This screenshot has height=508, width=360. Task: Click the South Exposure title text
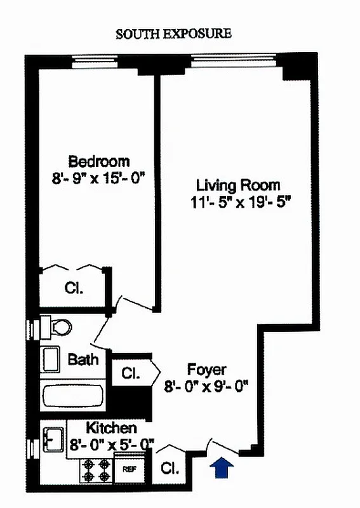(x=173, y=34)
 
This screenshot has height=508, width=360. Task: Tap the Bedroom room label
(x=99, y=161)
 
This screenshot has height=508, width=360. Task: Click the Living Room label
(x=237, y=185)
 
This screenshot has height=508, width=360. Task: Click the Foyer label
(x=207, y=369)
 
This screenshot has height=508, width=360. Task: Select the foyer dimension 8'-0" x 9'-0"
(x=207, y=385)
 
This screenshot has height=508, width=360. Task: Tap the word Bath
(x=83, y=359)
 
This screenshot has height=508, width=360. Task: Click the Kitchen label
(x=111, y=427)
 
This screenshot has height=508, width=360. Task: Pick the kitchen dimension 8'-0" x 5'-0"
(x=112, y=444)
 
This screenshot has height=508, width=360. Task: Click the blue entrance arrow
(x=222, y=468)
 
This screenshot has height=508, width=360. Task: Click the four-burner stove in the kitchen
(x=96, y=471)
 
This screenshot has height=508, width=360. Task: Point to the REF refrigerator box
(x=130, y=469)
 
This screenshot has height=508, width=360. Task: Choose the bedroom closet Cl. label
(x=74, y=288)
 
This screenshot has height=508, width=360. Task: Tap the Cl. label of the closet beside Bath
(x=131, y=373)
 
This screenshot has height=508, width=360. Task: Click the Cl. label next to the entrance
(x=170, y=469)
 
